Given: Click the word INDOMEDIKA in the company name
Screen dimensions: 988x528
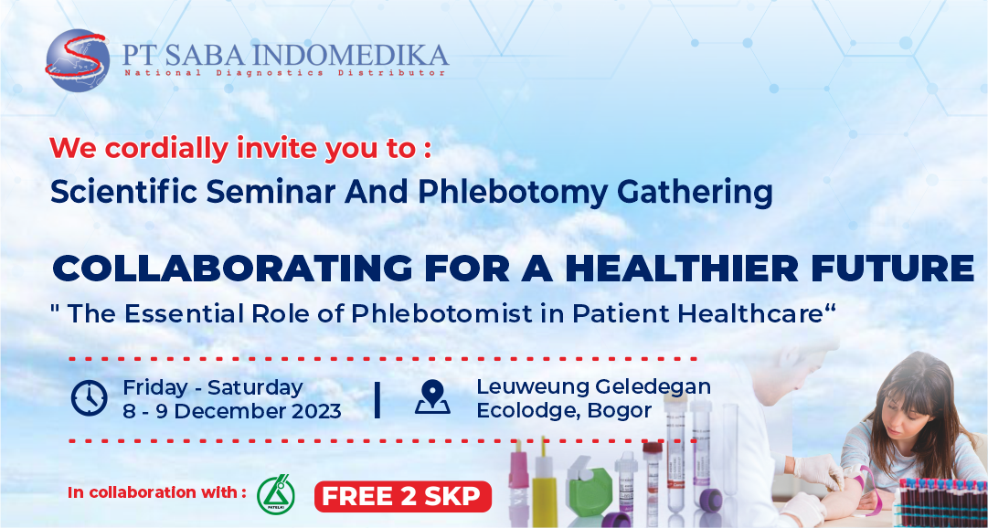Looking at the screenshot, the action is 354,56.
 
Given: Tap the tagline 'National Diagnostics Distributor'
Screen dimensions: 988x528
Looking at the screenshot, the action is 285,73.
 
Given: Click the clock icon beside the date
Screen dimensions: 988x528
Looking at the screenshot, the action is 89,398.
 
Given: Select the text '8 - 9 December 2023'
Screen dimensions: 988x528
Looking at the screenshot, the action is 232,411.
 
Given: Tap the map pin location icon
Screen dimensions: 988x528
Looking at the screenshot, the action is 432,397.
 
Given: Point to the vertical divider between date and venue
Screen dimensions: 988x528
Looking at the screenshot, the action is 377,399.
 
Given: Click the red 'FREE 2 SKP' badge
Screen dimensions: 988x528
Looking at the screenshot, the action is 403,497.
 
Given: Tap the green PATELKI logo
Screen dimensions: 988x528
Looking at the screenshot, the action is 275,493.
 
